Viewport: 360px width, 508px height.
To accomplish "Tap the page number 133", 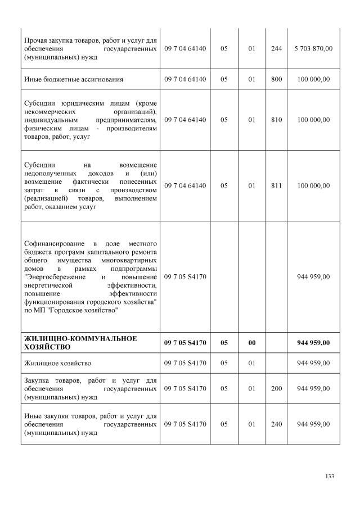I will tap(330, 476).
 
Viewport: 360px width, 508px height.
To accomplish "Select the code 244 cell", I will tap(276, 49).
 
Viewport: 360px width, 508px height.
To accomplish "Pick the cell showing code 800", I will tap(276, 79).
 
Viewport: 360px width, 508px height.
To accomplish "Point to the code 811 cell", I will tap(276, 185).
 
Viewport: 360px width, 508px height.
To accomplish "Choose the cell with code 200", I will tap(276, 388).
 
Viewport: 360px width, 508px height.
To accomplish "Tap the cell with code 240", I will tap(276, 424).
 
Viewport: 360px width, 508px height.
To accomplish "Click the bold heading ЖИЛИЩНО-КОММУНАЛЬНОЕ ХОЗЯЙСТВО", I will tap(73, 342).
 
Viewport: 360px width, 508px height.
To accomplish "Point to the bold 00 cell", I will tap(251, 342).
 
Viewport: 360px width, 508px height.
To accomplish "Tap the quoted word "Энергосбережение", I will tap(55, 277).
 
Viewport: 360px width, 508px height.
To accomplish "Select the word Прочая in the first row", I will tap(36, 40).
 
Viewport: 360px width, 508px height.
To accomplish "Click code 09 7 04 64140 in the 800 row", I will tap(185, 79).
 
